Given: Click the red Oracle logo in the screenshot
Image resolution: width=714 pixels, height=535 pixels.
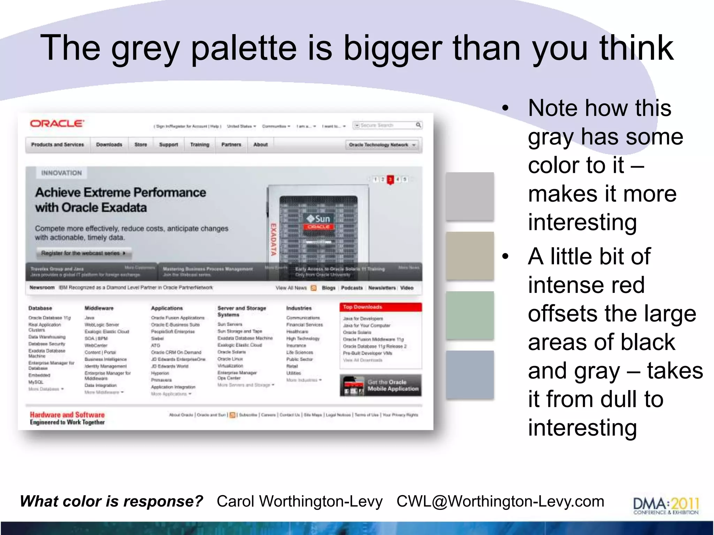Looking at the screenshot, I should (57, 124).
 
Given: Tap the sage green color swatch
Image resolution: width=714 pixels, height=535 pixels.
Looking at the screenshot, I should (470, 315).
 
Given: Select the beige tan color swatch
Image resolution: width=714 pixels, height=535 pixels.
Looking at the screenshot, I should (470, 256).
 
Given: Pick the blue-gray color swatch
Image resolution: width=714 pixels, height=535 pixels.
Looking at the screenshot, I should (470, 374).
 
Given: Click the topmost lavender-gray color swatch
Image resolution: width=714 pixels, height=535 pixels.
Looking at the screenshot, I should (470, 196).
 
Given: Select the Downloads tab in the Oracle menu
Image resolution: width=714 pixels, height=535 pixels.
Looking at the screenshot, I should (109, 145).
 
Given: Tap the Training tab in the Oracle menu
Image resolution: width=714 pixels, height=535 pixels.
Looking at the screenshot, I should (200, 145).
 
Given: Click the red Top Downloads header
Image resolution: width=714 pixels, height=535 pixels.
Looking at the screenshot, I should (380, 307).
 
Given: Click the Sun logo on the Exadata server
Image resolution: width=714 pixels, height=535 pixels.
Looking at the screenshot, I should (318, 219).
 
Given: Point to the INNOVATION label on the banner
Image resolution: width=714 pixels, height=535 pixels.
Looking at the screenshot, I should (61, 173).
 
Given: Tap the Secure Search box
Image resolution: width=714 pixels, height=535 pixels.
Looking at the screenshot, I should (387, 125).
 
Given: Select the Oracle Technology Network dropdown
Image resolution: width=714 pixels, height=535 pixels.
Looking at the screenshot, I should (382, 145).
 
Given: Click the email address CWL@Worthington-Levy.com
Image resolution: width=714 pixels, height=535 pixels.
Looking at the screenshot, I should (500, 502).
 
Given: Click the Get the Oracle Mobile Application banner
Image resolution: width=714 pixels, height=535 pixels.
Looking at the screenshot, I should (381, 385).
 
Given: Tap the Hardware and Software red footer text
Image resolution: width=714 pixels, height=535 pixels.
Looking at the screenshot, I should (67, 415).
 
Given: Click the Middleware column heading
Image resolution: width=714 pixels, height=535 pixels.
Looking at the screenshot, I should (99, 308).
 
